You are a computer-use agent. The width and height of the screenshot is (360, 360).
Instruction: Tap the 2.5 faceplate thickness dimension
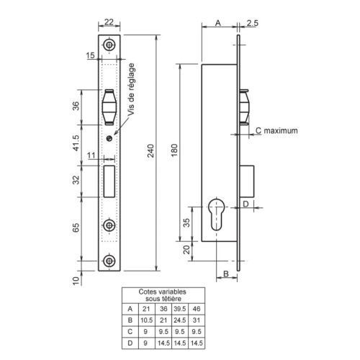pyautogui.click(x=252, y=23)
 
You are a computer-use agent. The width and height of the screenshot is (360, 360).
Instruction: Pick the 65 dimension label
pyautogui.click(x=76, y=228)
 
